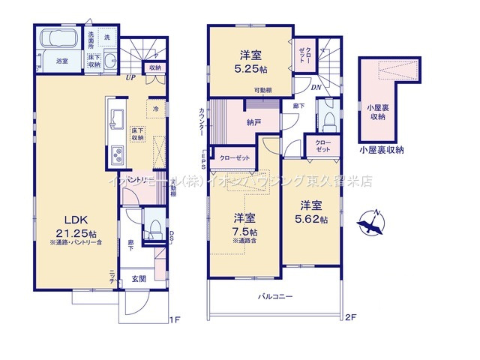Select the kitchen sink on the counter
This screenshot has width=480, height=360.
118,119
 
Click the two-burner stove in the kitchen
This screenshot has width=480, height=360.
118,157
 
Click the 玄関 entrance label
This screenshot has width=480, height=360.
139,279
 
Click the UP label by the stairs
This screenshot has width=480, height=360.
130,76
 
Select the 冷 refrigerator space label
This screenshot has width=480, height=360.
155,109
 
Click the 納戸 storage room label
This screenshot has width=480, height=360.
253,121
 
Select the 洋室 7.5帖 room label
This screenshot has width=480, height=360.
244,224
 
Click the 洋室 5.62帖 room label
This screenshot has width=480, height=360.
311,211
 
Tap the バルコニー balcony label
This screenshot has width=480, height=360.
276,297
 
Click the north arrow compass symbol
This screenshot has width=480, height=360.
370,223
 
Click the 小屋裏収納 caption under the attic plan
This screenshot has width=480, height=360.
381,150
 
